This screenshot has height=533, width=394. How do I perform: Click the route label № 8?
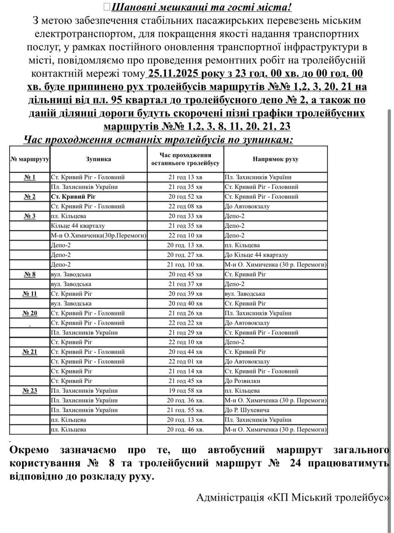point(30,274)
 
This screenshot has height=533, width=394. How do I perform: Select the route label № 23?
point(30,391)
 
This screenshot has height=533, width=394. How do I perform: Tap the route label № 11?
point(30,294)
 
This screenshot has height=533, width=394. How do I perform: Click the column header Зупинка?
point(98,159)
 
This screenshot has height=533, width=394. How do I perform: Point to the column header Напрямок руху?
point(275,159)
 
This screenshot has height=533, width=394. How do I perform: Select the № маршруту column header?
point(30,159)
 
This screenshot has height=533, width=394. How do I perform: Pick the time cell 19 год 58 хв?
point(185,391)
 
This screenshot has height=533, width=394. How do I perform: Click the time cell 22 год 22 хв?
point(185,323)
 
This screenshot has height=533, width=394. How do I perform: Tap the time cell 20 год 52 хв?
point(185,197)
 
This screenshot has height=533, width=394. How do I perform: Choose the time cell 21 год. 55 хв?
point(185,410)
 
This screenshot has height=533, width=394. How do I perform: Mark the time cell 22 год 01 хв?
point(185,361)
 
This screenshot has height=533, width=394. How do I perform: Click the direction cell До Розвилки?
point(242,381)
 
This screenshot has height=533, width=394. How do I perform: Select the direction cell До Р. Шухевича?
point(247,410)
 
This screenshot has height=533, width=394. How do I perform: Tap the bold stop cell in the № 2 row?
point(72,197)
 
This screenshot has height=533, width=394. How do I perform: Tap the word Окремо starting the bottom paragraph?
point(29,450)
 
